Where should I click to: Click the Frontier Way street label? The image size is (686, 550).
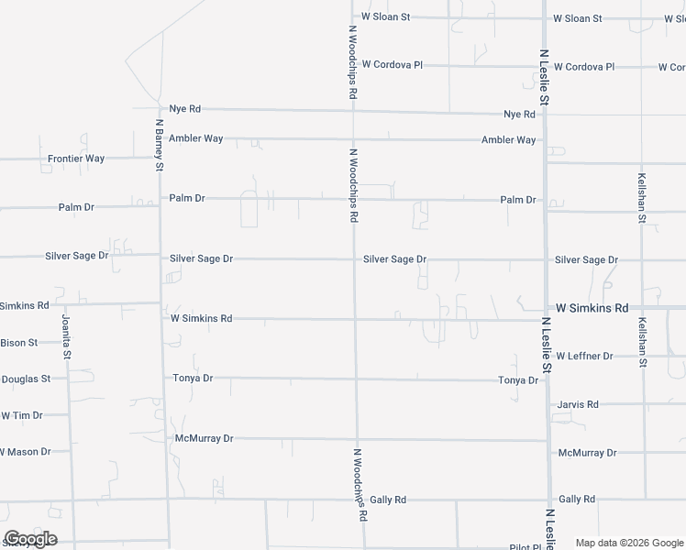pyautogui.click(x=76, y=159)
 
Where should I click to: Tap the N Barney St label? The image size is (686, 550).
pyautogui.click(x=159, y=145)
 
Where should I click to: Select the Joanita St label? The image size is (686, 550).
pyautogui.click(x=66, y=336)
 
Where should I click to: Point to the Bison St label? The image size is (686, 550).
pyautogui.click(x=18, y=342)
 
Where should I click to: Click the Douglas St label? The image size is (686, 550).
pyautogui.click(x=26, y=379)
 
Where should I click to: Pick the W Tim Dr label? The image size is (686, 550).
pyautogui.click(x=22, y=415)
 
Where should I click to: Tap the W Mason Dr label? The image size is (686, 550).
pyautogui.click(x=25, y=452)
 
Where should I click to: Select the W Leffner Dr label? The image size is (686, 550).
pyautogui.click(x=584, y=356)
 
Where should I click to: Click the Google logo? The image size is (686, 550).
pyautogui.click(x=30, y=539)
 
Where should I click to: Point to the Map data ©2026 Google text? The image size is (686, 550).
pyautogui.click(x=629, y=543)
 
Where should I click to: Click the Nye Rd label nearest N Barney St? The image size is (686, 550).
pyautogui.click(x=184, y=108)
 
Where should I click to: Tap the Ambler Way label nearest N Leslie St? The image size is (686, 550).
pyautogui.click(x=509, y=140)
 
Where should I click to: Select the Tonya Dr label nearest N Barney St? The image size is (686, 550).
pyautogui.click(x=193, y=378)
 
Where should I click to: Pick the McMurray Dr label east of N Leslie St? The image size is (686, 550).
pyautogui.click(x=587, y=453)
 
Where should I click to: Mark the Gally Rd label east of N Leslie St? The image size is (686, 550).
pyautogui.click(x=577, y=499)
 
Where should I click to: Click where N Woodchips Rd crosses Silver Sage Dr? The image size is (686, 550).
pyautogui.click(x=355, y=259)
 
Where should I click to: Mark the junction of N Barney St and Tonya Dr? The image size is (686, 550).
pyautogui.click(x=164, y=377)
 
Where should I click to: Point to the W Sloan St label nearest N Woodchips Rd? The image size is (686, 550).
pyautogui.click(x=385, y=16)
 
